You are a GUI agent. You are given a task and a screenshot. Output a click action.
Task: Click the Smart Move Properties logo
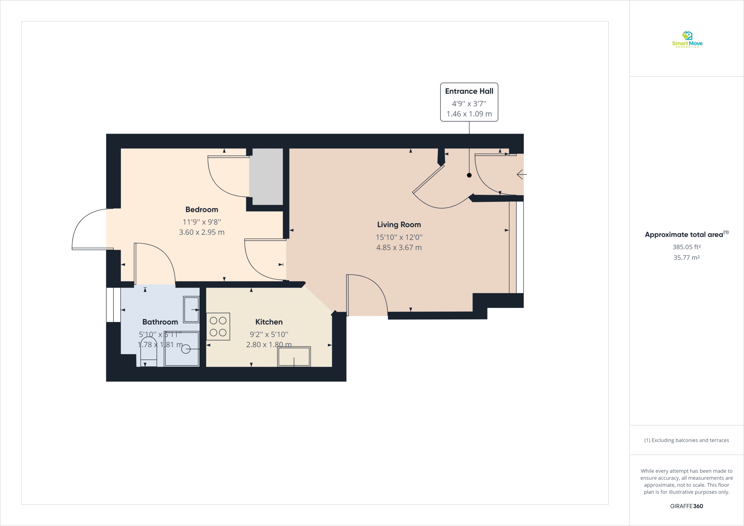(x=687, y=40)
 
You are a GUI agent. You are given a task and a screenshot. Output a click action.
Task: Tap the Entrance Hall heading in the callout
(x=469, y=91)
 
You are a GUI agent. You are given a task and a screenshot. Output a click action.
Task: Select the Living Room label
(x=399, y=225)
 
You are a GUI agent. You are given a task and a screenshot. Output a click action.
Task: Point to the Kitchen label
(x=269, y=322)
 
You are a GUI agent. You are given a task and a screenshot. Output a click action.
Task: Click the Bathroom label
(x=160, y=322)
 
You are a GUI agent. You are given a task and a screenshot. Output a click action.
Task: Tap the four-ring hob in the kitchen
(x=218, y=326)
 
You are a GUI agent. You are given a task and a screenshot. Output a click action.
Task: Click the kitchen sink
(x=294, y=357)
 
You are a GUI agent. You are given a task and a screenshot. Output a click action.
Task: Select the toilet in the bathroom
(x=149, y=352)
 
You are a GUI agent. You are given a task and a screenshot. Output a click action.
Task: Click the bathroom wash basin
(x=191, y=309)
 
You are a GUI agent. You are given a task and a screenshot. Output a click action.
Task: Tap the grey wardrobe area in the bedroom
(x=266, y=177)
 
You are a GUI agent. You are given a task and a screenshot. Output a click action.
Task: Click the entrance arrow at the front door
(x=521, y=174)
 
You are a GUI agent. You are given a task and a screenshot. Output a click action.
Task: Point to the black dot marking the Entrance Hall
(x=469, y=175)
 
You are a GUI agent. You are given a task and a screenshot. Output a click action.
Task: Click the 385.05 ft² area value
(x=686, y=247)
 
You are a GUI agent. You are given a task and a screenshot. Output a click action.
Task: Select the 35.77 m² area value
(x=686, y=258)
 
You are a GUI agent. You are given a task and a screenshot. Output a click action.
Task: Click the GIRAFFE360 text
(x=686, y=506)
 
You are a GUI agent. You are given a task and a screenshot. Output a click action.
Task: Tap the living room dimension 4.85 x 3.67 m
(x=399, y=248)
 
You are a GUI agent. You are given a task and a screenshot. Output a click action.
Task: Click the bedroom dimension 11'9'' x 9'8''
(x=202, y=222)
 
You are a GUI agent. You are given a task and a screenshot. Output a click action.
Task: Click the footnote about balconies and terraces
(x=686, y=440)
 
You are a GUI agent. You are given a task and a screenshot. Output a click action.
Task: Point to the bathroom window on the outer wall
(x=113, y=305)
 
